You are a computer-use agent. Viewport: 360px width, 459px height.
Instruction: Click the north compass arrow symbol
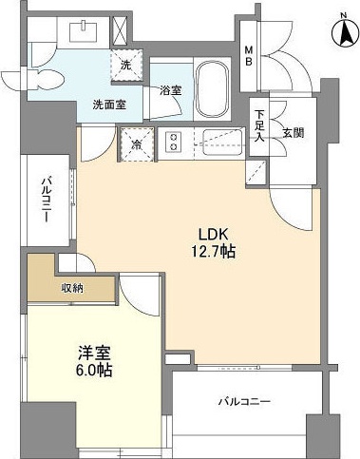tap(341, 33)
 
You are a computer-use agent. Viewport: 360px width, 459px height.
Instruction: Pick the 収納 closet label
tap(71, 288)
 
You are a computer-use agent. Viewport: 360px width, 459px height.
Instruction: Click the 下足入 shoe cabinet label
tap(259, 125)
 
